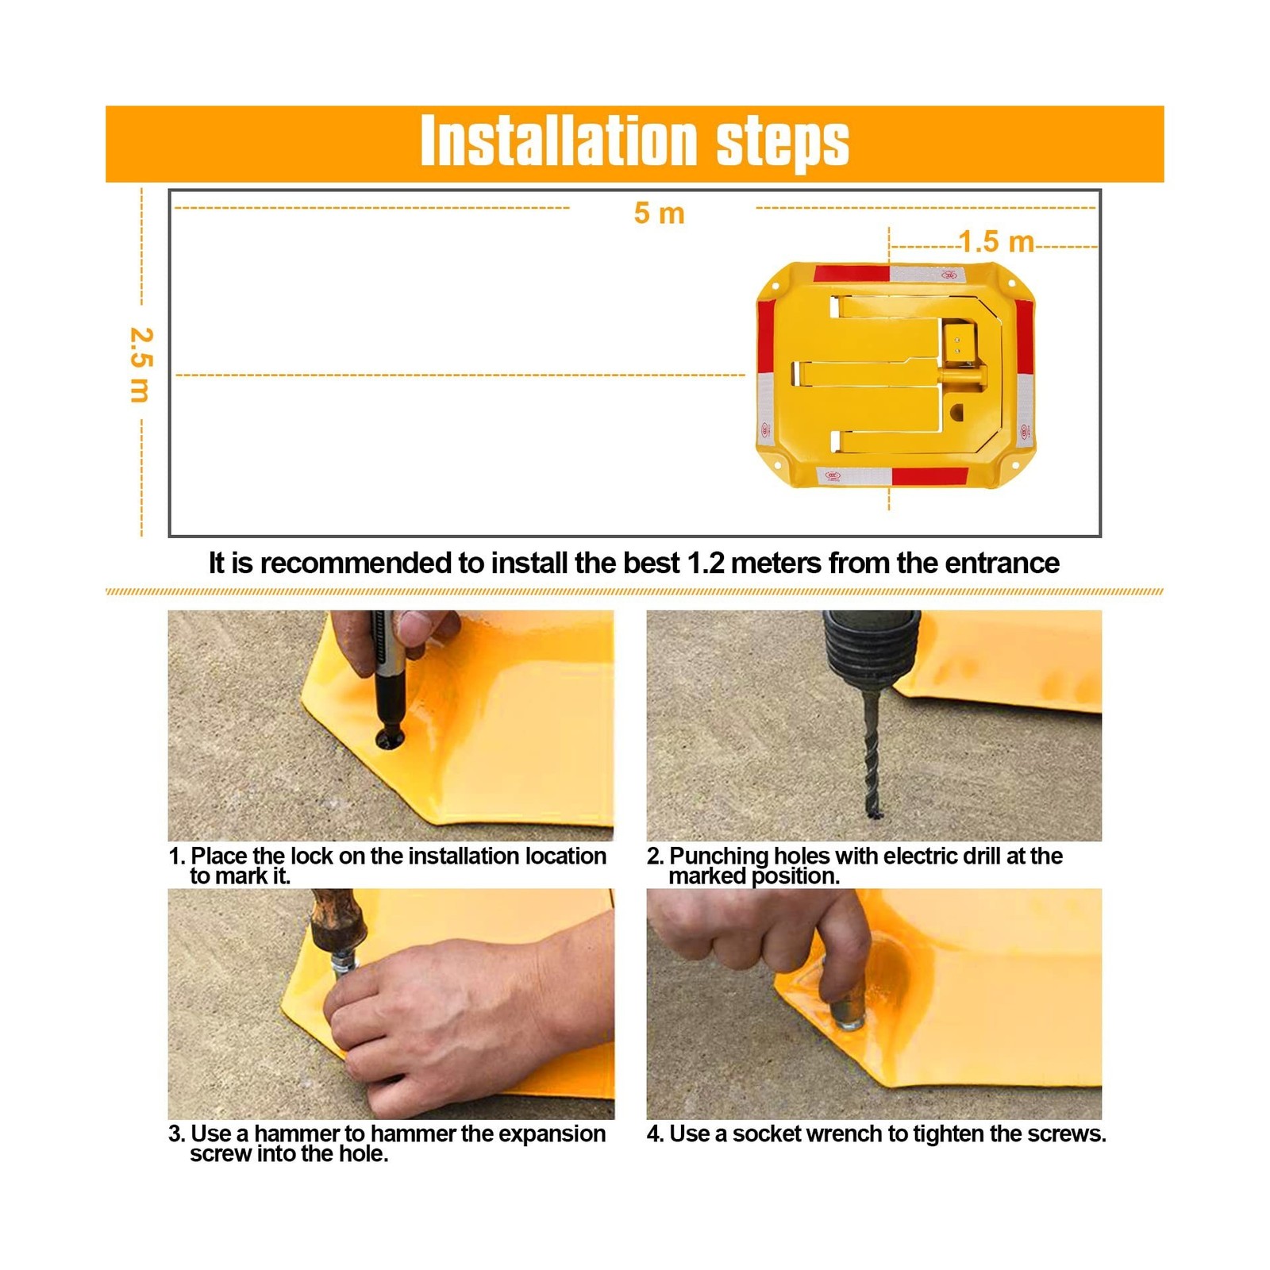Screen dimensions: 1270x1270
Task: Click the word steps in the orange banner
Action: [783, 144]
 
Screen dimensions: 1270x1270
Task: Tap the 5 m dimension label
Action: [659, 213]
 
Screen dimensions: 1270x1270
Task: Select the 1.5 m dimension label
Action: [996, 241]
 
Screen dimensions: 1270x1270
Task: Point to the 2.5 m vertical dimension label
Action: [140, 364]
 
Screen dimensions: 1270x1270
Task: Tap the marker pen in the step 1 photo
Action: [389, 675]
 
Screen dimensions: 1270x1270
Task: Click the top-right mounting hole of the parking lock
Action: [1011, 283]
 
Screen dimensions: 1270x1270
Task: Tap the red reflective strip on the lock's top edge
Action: [851, 274]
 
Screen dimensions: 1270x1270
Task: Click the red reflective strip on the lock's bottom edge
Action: [930, 476]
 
